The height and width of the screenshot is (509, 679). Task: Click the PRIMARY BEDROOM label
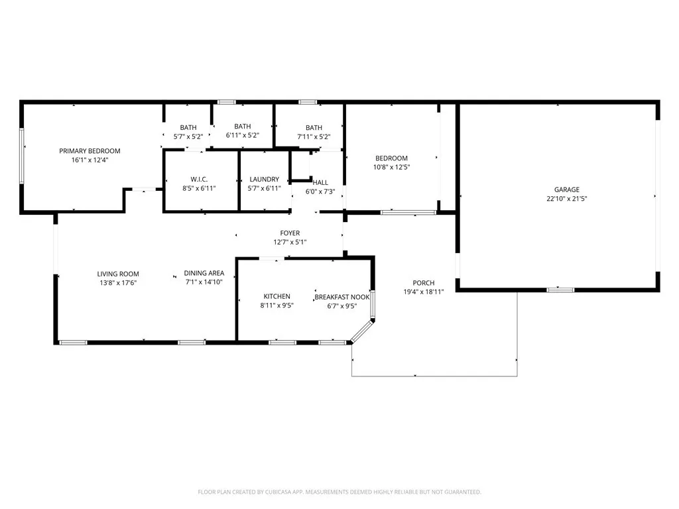pos(90,151)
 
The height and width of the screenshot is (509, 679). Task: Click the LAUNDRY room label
pos(264,179)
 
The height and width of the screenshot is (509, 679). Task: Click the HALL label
pos(320,182)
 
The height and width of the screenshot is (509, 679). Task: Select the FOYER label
pos(290,233)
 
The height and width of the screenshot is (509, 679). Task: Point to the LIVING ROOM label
pos(118,274)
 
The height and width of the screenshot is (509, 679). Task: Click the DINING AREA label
pos(204,273)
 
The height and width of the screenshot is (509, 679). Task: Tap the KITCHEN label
pos(277,296)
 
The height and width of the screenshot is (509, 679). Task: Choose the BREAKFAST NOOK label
pos(341,297)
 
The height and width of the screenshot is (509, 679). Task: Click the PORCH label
pos(423,283)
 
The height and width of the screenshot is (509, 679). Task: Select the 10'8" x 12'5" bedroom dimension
pos(391,167)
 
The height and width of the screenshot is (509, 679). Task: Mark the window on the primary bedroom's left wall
pos(22,156)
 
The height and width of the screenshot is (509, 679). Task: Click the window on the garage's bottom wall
pos(560,290)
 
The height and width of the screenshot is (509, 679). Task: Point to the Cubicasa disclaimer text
pos(339,492)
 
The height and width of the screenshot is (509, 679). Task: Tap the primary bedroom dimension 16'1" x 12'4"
pos(90,160)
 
